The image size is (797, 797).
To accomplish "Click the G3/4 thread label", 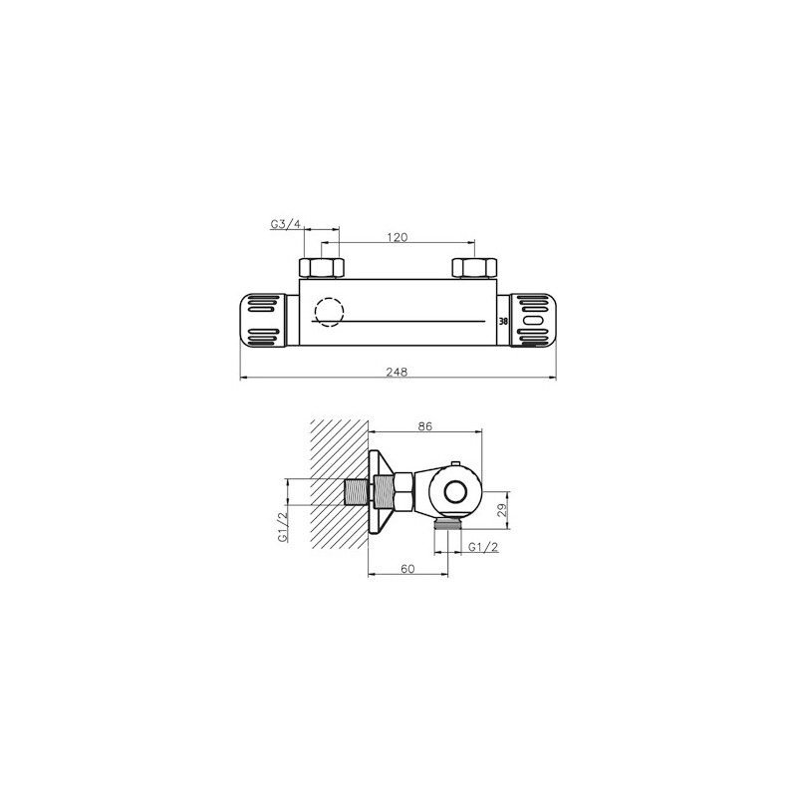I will click(x=285, y=225).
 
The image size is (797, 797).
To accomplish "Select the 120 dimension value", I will click(x=398, y=237).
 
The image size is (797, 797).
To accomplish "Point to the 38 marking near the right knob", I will click(x=503, y=321).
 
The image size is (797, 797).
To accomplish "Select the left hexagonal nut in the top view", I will click(x=321, y=268).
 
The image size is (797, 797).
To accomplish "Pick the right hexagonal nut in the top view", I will click(x=473, y=268).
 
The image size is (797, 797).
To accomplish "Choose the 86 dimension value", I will click(x=424, y=425).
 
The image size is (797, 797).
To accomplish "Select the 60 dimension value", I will click(x=407, y=568).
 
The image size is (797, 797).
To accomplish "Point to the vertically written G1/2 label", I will click(x=283, y=525).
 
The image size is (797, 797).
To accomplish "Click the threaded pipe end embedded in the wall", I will click(x=354, y=491).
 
